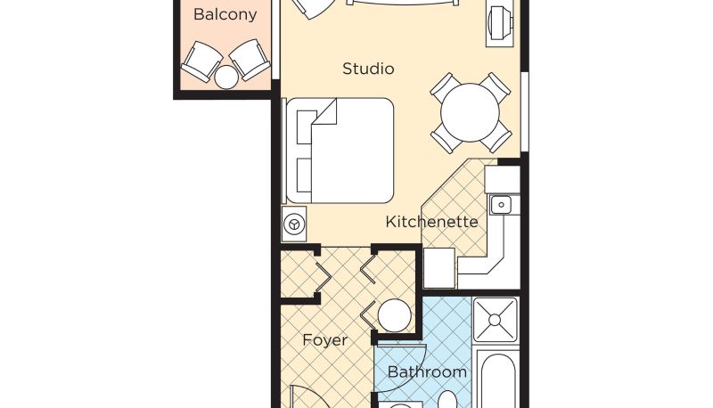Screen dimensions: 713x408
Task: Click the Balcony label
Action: (x=225, y=14)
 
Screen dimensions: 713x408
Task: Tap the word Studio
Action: (x=368, y=69)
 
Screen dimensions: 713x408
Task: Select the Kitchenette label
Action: (x=431, y=222)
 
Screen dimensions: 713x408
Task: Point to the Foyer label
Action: (x=324, y=339)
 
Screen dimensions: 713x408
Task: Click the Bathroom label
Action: (x=427, y=372)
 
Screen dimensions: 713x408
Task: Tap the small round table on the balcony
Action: (x=226, y=78)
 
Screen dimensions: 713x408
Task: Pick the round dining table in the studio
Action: (x=471, y=112)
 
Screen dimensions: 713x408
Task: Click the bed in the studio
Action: (x=340, y=151)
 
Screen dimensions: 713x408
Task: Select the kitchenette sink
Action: (x=501, y=205)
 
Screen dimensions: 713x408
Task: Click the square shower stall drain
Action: (x=496, y=320)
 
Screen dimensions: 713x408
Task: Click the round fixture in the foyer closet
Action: (x=394, y=315)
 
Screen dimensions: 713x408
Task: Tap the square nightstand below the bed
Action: (x=294, y=224)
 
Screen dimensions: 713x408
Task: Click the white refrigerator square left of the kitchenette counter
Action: (x=439, y=268)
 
